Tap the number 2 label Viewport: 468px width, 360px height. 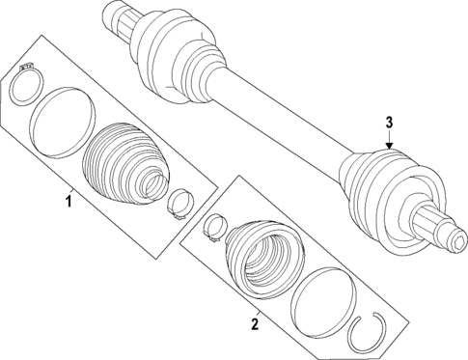click(255, 324)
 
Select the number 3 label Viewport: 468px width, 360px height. click(389, 123)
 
